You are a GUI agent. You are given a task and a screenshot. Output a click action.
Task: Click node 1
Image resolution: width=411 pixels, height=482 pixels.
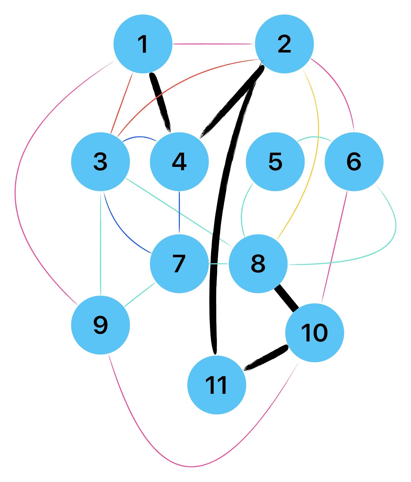coord(143,44)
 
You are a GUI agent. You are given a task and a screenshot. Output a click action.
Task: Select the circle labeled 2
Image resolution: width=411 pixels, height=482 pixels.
coord(284,44)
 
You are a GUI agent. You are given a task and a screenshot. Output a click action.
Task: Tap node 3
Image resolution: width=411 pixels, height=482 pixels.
coord(101,161)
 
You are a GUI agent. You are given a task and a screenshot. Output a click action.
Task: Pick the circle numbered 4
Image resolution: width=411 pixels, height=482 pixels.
coord(179,161)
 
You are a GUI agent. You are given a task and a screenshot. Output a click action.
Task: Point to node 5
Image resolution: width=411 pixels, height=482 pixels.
coord(275,161)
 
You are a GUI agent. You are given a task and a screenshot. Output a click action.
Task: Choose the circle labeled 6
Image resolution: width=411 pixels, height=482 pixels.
coord(354,161)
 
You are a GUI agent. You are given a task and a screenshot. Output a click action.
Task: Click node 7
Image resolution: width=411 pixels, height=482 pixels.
coord(179,264)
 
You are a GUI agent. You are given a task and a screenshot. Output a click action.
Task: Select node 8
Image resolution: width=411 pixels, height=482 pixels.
coord(258,264)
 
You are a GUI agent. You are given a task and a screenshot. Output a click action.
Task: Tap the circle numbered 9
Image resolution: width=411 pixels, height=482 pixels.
coord(101,325)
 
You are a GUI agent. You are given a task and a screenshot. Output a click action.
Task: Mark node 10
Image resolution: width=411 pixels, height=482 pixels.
coord(314,333)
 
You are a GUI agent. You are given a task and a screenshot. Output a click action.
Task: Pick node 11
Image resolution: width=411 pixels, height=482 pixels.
coord(216,385)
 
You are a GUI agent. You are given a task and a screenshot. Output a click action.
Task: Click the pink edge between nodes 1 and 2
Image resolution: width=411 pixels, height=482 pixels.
coord(214,44)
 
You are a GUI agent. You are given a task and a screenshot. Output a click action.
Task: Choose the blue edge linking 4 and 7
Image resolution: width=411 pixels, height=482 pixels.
coord(179,212)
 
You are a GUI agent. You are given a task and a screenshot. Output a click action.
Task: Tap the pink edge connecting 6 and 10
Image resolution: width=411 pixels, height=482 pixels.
coord(334,247)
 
